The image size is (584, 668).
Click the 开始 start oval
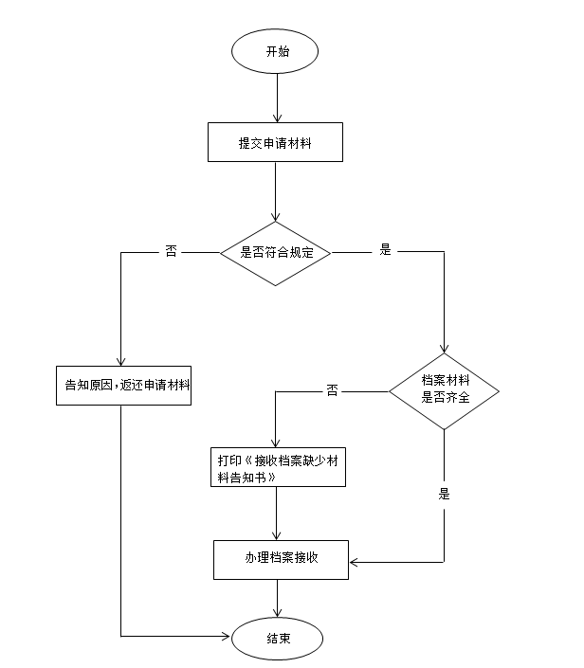[276, 52]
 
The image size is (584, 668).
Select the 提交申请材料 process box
[276, 143]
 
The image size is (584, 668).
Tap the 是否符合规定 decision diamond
[276, 253]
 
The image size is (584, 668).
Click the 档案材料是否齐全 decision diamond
[444, 389]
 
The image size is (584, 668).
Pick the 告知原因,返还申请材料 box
[124, 385]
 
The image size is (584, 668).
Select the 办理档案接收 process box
[279, 560]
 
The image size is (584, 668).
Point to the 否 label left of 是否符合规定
[172, 252]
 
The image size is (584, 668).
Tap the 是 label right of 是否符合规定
[385, 251]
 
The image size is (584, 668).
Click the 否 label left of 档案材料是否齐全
[332, 389]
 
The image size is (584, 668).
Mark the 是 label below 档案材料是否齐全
[444, 494]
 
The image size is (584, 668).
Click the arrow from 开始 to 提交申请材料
[276, 99]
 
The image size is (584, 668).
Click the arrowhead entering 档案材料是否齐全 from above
[444, 346]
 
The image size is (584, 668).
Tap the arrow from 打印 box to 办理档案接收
[276, 515]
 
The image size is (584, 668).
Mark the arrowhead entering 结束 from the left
[226, 635]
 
